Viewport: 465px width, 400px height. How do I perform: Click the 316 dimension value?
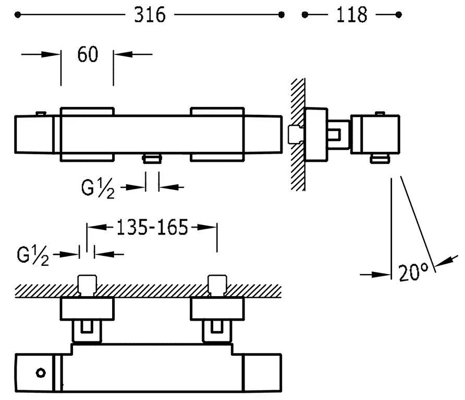click(150, 15)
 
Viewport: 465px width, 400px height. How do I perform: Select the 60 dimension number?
click(87, 54)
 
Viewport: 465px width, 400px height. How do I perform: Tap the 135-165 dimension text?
click(151, 227)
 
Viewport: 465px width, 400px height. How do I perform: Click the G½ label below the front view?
click(98, 187)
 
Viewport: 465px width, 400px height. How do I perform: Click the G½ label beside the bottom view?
click(33, 255)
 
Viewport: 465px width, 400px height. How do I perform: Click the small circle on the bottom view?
click(41, 372)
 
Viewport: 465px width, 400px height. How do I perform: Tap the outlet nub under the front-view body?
click(152, 158)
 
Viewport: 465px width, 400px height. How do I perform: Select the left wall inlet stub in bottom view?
click(87, 285)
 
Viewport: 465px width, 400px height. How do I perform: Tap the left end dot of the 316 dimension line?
click(18, 16)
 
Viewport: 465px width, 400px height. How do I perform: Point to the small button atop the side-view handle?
click(379, 113)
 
